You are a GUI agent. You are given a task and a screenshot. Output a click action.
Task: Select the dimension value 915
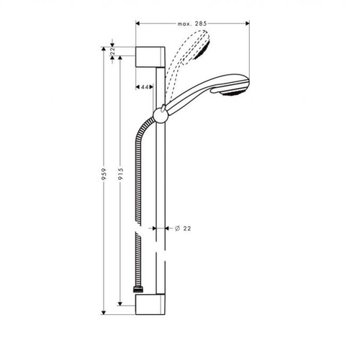coord(122,179)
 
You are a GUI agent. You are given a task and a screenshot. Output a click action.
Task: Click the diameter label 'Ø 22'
coord(182,228)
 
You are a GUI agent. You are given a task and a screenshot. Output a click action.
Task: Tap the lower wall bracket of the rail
coord(151,300)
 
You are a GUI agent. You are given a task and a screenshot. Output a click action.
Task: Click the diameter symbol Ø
coord(177,228)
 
